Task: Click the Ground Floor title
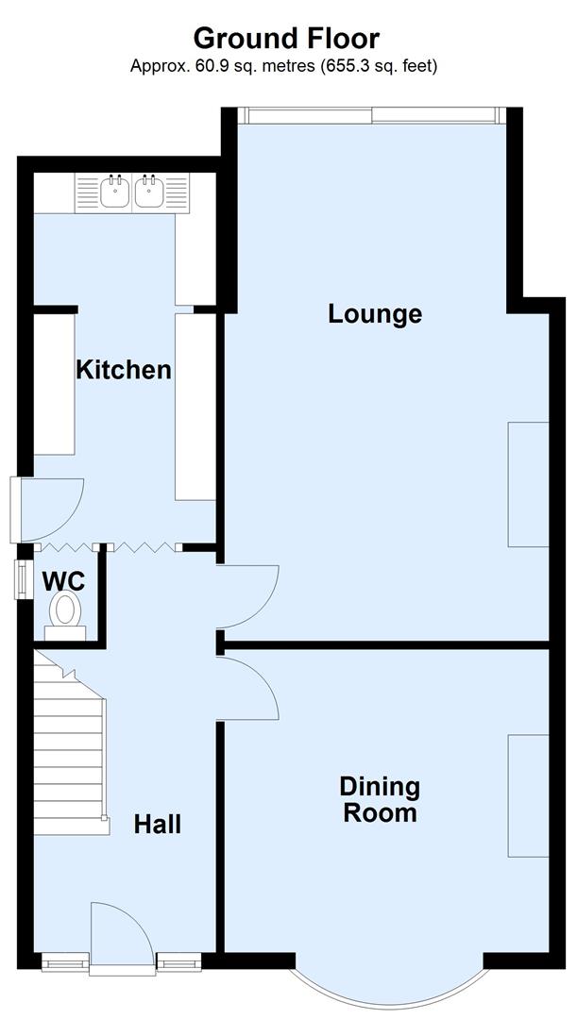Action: click(286, 39)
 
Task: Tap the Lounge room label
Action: click(375, 313)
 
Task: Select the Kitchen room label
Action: click(124, 369)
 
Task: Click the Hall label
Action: click(157, 824)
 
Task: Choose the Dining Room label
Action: click(380, 799)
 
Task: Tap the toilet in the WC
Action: click(65, 611)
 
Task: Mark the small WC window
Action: click(20, 579)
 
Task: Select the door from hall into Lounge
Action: click(247, 596)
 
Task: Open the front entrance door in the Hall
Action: click(121, 934)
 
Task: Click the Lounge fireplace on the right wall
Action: click(528, 484)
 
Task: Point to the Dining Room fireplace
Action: click(528, 795)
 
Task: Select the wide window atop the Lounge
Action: click(371, 115)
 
